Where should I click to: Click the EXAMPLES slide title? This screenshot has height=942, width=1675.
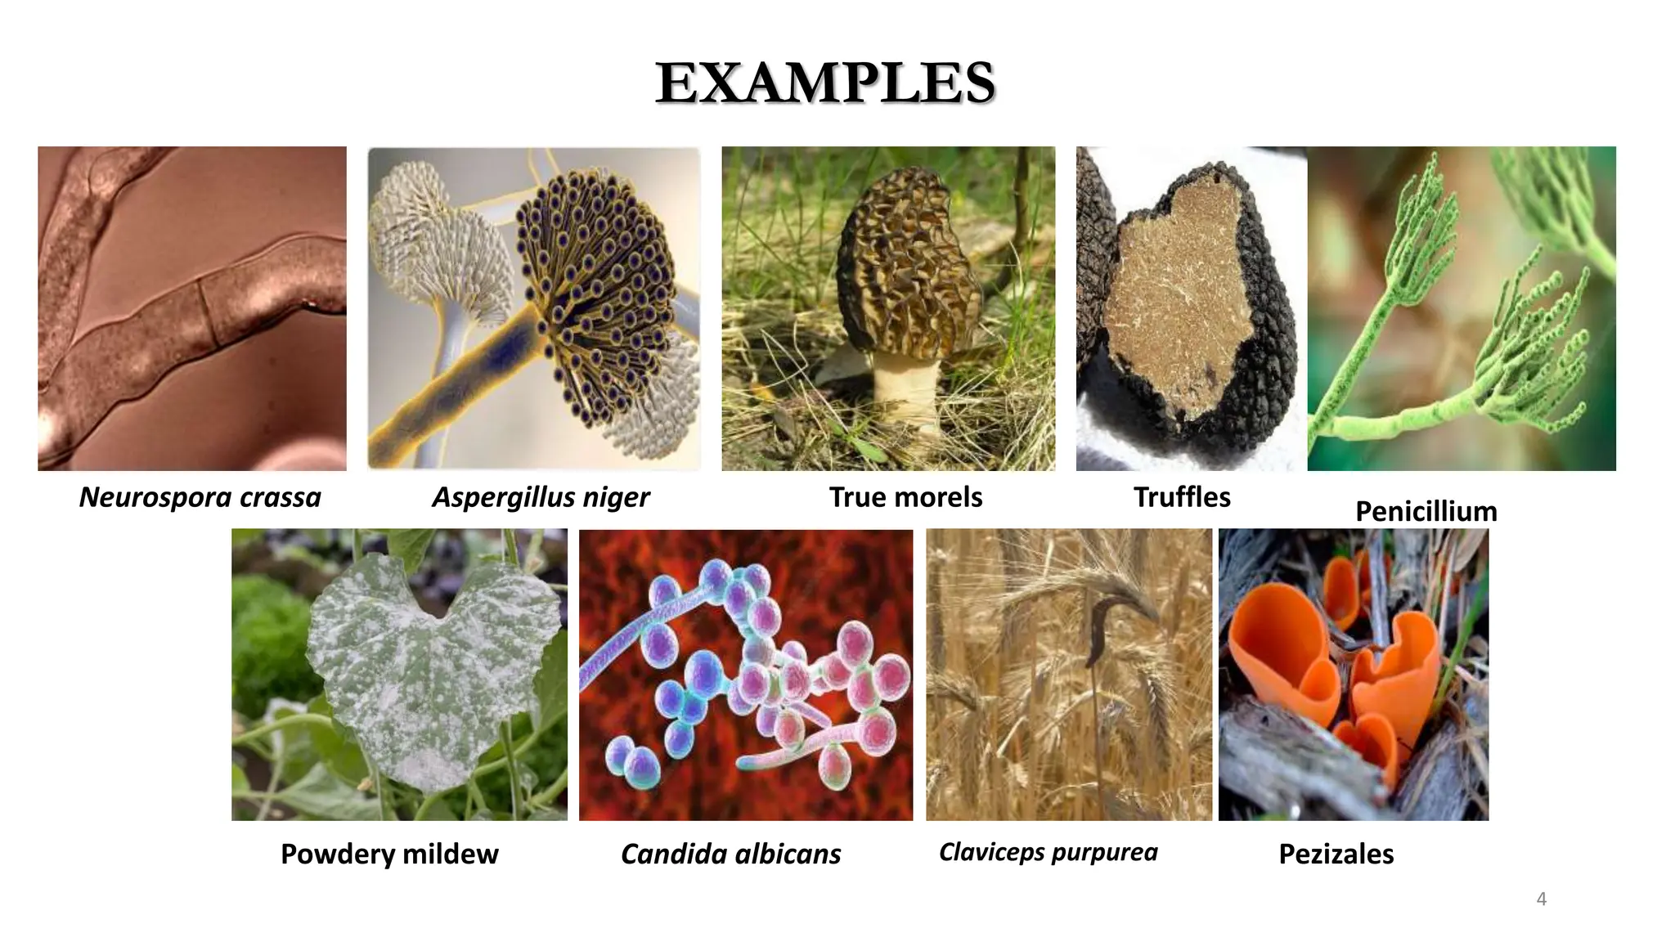[x=825, y=83]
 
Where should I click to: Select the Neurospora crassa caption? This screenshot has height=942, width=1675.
[x=200, y=497]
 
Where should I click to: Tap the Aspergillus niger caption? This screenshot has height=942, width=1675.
[x=541, y=497]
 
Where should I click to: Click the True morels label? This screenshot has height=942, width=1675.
[x=905, y=497]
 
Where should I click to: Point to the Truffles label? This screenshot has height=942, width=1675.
[x=1182, y=497]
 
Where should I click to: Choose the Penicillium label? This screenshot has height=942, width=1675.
[x=1426, y=512]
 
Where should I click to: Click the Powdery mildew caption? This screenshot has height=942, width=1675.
[x=389, y=854]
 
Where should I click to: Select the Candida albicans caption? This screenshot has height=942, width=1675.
[x=730, y=854]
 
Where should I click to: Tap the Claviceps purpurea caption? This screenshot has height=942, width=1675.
[x=1048, y=852]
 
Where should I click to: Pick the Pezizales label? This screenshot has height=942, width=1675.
[x=1336, y=854]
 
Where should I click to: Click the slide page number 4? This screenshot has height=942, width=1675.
[x=1542, y=899]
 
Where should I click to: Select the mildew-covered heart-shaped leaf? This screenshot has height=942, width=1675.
[x=425, y=662]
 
